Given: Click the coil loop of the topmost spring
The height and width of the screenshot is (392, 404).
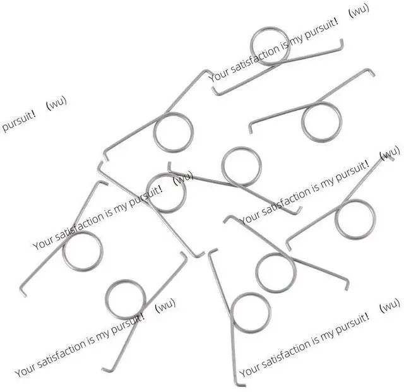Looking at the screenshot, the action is [x=270, y=28].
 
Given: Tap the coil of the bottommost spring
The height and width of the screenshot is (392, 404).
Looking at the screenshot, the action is [x=251, y=294].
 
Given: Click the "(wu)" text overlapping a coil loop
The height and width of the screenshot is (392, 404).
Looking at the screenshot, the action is [x=183, y=177].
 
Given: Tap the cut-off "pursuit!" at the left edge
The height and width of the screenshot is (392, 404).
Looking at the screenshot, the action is [x=18, y=122].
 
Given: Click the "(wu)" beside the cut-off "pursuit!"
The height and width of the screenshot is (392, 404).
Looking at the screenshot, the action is [x=56, y=102].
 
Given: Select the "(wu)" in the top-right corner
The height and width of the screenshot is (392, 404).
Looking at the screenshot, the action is [x=359, y=10].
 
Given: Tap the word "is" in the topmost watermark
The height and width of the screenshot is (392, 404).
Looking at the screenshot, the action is [x=285, y=45].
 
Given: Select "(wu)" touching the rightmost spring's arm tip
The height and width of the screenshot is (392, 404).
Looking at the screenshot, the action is [x=390, y=153].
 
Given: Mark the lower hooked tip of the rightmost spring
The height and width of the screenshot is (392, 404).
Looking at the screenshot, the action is [x=288, y=246].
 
